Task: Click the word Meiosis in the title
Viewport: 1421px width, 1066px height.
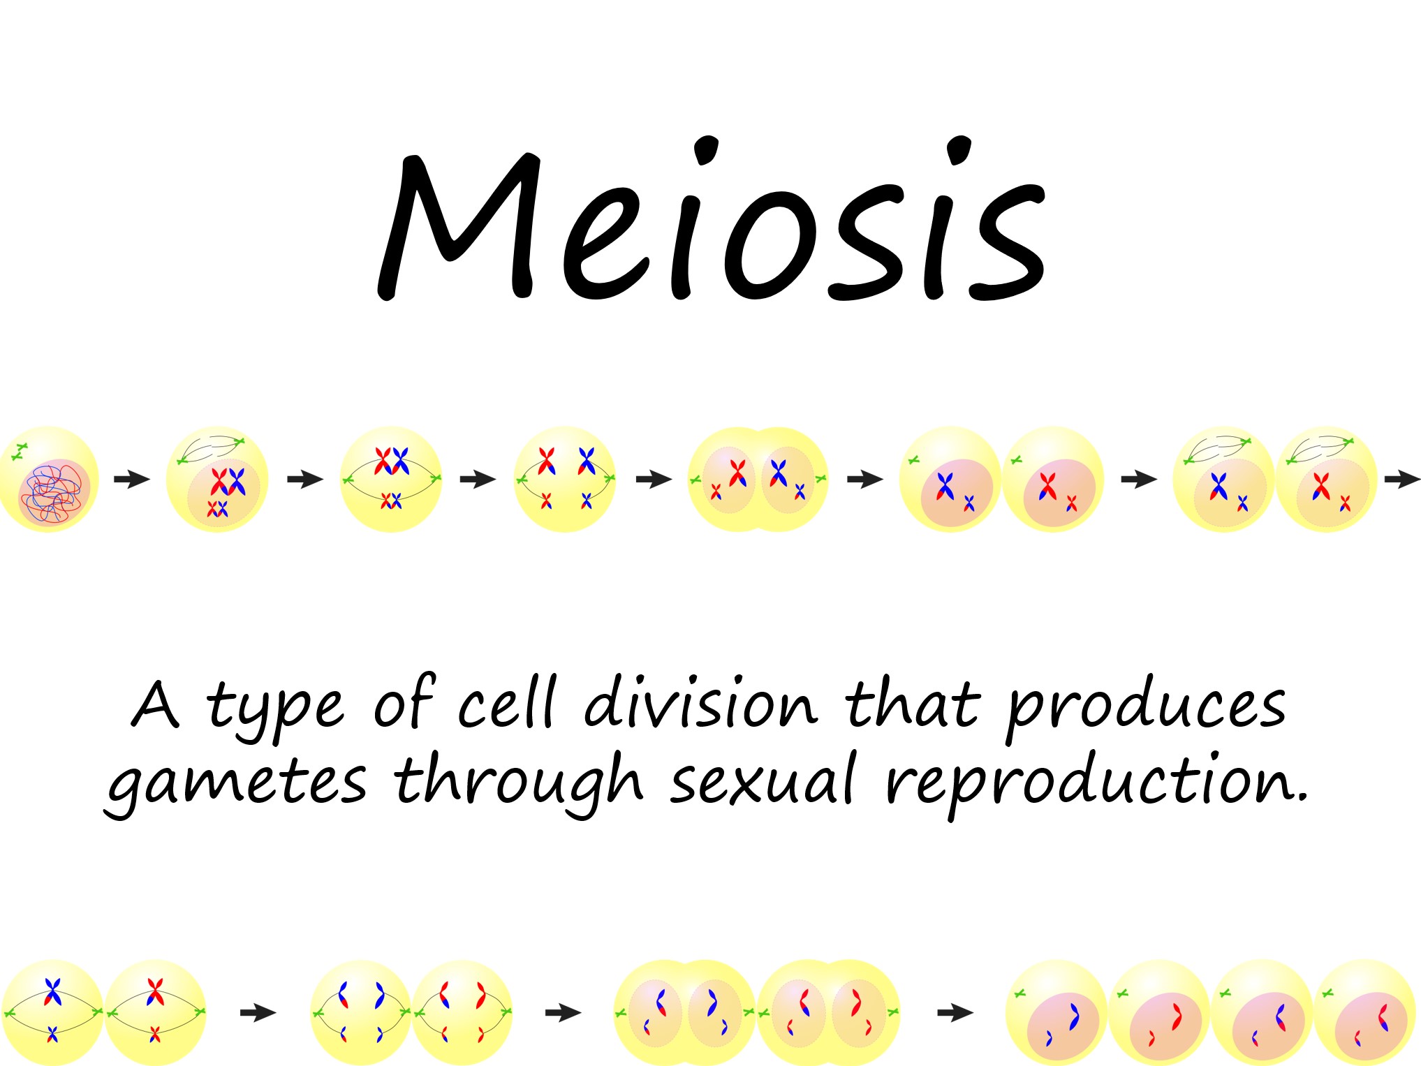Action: (711, 223)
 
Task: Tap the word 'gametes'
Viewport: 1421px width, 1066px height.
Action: (236, 782)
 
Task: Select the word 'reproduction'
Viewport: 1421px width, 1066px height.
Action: (1096, 782)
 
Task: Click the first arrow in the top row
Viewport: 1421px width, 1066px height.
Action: (131, 479)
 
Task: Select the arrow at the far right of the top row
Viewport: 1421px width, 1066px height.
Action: (1402, 479)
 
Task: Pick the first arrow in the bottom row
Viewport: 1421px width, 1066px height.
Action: (258, 1012)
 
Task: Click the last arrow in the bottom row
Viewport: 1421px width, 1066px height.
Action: (955, 1012)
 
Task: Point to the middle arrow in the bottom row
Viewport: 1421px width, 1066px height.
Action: (563, 1012)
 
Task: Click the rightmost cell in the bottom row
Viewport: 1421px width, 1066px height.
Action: (1364, 1012)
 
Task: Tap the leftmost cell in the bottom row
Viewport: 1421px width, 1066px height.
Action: (52, 1012)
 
